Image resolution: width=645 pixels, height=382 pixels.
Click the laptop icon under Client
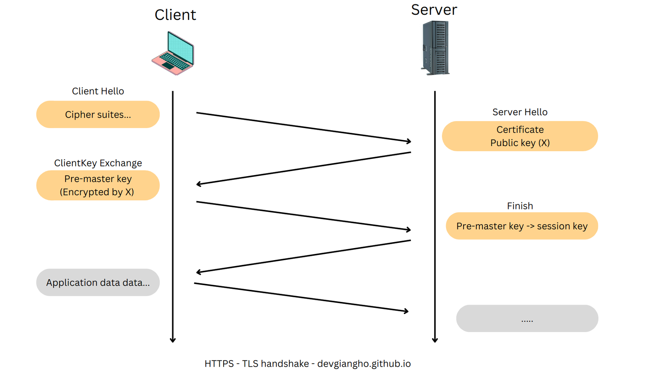(x=173, y=54)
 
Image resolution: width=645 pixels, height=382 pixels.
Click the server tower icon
(x=435, y=48)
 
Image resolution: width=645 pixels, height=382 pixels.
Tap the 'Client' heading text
(x=175, y=15)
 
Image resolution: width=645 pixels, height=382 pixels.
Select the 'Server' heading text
(x=434, y=10)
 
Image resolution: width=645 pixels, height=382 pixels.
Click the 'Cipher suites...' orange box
(x=98, y=114)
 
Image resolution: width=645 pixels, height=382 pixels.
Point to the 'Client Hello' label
(x=98, y=91)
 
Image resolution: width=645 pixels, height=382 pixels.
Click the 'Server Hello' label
(x=520, y=112)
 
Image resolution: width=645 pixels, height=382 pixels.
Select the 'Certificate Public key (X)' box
(x=520, y=136)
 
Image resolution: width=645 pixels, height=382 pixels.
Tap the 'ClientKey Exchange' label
(x=98, y=163)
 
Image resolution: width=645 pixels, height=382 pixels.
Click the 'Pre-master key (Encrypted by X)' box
(x=98, y=185)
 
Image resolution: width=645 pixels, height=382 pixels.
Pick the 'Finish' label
(x=520, y=206)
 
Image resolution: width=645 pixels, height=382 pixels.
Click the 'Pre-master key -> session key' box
(x=521, y=226)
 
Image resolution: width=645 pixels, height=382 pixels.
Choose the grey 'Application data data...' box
(x=98, y=282)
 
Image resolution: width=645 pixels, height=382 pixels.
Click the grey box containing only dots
(x=527, y=318)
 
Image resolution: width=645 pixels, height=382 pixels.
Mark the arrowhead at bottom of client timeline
(x=173, y=340)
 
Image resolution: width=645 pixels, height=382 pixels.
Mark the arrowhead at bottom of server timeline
(x=435, y=340)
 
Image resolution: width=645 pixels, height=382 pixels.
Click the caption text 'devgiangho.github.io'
(x=364, y=364)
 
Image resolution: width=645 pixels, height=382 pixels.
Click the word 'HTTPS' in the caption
(x=219, y=364)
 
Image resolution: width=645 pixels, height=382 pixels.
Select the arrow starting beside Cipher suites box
(x=303, y=127)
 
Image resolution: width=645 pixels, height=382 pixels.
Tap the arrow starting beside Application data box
(x=301, y=297)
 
